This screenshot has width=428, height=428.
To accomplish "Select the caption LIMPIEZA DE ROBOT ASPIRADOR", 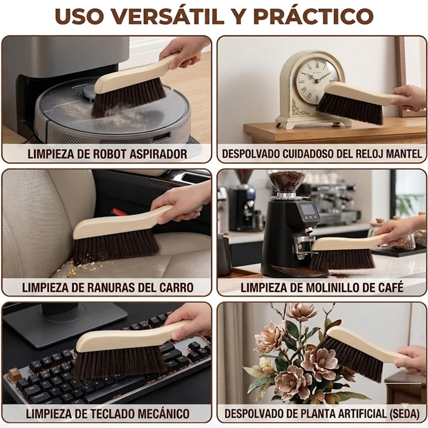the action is pos(107,154).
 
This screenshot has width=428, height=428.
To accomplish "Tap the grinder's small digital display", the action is pos(308,210).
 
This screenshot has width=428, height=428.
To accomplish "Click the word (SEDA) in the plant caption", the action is pos(404,414).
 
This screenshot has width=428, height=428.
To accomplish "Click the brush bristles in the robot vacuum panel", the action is pos(128,97).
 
